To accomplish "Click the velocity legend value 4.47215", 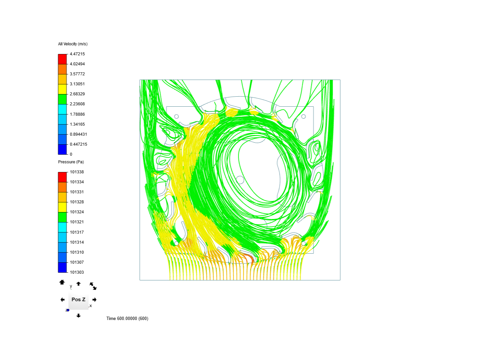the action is click(77, 54).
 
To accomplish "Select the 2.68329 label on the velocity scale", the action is click(77, 94).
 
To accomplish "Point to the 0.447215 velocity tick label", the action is click(78, 144).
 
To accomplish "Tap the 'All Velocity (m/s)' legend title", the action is click(73, 44).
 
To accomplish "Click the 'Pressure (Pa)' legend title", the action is click(71, 162).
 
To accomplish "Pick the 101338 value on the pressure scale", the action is click(77, 172).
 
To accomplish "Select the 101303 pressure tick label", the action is click(77, 272).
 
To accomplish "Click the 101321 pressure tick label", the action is click(77, 222).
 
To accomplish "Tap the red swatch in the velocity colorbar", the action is click(62, 59).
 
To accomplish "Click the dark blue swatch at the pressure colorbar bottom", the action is click(62, 267).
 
